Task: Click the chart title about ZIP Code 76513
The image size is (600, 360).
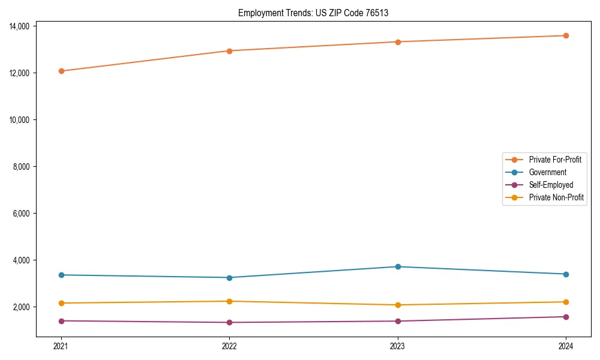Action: (313, 13)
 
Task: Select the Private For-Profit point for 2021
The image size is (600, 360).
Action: (61, 71)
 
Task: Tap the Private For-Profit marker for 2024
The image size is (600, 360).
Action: (566, 35)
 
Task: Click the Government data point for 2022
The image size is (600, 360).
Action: (229, 277)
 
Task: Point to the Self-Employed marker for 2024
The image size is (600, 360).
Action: (566, 317)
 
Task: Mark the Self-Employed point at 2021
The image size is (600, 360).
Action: (61, 321)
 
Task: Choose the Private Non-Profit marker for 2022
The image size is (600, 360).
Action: (229, 301)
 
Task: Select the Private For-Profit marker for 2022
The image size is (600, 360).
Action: (229, 50)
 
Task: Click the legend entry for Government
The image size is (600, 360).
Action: (547, 172)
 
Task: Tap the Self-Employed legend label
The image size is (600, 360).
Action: (551, 185)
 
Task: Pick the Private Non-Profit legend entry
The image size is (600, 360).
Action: (556, 197)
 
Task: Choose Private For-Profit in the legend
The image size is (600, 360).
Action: (555, 160)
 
